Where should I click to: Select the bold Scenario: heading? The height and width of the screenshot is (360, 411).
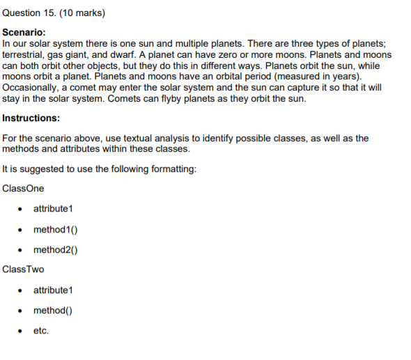[24, 32]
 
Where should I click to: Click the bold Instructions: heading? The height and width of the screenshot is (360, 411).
[31, 118]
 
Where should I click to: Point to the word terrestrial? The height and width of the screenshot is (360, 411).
[24, 54]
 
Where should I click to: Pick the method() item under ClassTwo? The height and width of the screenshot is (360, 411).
[53, 311]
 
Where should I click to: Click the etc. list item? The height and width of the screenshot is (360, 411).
[41, 331]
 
